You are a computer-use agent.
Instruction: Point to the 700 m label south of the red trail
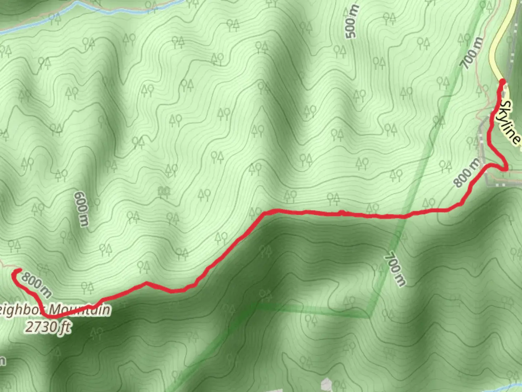[x=395, y=269]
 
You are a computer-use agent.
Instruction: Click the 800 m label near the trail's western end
[x=36, y=284]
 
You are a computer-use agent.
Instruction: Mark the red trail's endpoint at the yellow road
[x=502, y=81]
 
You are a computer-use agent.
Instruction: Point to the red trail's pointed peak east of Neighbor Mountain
[x=146, y=282]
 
